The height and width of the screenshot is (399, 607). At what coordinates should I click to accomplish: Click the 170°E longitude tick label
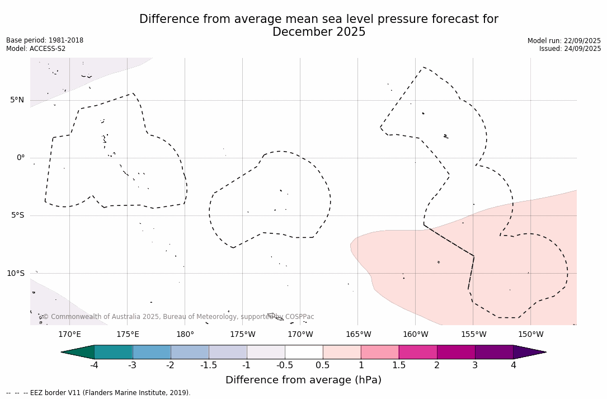[x=69, y=335]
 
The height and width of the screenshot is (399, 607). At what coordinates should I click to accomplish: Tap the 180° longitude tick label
[x=185, y=335]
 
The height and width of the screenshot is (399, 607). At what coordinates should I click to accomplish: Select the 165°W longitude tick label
[x=358, y=335]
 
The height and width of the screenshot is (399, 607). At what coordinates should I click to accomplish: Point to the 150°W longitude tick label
[x=531, y=335]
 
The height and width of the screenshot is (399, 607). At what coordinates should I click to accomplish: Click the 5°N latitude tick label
[x=17, y=100]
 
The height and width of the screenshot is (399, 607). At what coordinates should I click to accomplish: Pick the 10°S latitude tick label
[x=15, y=274]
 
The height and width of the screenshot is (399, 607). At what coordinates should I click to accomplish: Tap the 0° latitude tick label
[x=20, y=158]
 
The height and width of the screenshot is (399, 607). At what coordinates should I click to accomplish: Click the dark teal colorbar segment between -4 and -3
[x=114, y=352]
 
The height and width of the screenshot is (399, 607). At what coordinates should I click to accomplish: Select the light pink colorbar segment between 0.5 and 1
[x=342, y=352]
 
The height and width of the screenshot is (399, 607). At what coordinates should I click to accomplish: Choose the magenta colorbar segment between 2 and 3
[x=456, y=352]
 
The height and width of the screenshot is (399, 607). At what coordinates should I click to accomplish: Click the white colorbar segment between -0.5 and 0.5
[x=304, y=352]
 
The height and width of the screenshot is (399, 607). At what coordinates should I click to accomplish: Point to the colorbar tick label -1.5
[x=209, y=365]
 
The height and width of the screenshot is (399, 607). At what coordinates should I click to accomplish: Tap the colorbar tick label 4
[x=513, y=365]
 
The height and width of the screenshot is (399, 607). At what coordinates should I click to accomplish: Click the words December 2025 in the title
[x=319, y=32]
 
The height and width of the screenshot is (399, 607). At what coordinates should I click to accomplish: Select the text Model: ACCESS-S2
[x=36, y=49]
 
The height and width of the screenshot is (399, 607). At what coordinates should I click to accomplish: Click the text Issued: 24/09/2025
[x=570, y=49]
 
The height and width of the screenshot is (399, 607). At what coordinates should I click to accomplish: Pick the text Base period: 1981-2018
[x=45, y=40]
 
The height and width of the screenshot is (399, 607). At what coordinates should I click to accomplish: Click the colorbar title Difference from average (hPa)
[x=303, y=381]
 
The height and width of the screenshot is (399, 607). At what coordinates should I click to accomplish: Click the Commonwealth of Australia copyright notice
[x=178, y=317]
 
